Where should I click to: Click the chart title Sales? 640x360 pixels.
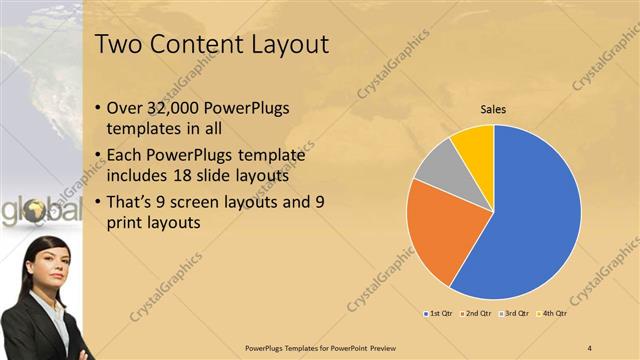coord(494,109)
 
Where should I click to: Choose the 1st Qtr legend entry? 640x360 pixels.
coord(438,314)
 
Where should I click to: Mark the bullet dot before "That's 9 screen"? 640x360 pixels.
coord(97,202)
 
